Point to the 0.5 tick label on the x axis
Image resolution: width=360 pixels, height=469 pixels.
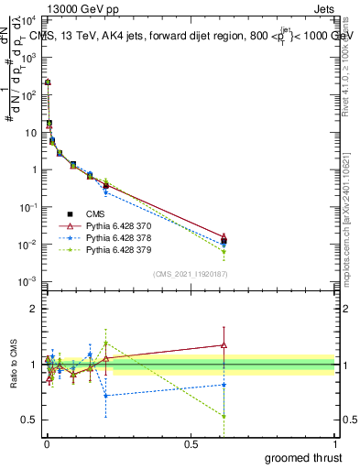coord(191,442)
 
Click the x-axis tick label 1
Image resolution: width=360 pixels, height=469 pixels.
coord(335,442)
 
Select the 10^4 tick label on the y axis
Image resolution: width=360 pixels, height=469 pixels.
coord(27,19)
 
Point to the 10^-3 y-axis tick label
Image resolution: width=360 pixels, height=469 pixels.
coord(27,281)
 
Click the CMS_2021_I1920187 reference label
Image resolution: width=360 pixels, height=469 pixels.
coord(191,274)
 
